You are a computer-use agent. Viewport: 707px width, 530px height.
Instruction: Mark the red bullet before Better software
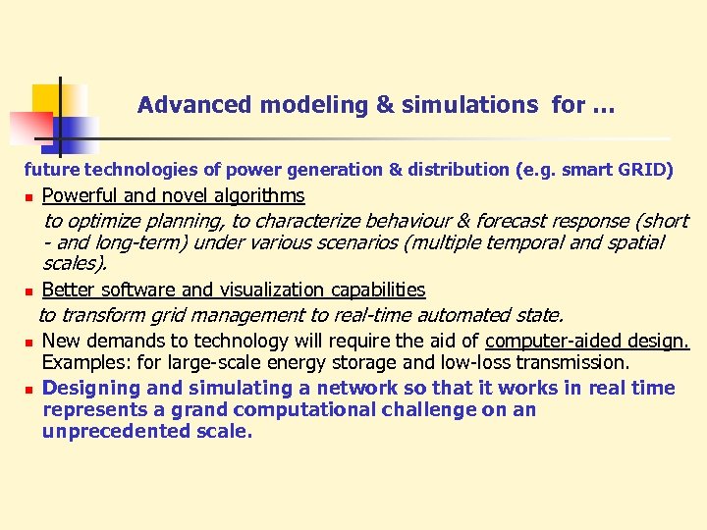[x=29, y=291]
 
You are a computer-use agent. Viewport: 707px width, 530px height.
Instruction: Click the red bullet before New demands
[x=29, y=342]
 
